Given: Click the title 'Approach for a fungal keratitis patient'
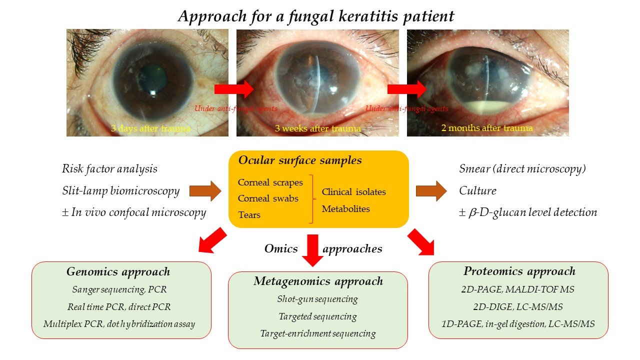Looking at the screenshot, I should tap(316, 16).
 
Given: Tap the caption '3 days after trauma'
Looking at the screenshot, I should tap(150, 128).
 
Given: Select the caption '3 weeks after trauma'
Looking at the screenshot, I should tap(317, 128).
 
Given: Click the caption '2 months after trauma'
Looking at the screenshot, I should tap(486, 128).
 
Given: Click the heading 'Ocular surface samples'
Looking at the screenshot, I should tap(300, 160).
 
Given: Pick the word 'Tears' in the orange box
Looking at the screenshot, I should tap(249, 215).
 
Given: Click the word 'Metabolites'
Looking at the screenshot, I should tap(346, 209).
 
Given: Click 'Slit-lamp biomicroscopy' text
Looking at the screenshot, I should tap(120, 190).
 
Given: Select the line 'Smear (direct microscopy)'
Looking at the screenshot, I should tap(522, 169).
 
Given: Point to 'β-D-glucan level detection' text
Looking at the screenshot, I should tap(532, 212).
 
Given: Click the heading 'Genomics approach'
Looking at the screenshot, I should tap(118, 272).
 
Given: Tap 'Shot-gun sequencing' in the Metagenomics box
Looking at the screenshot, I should tap(317, 299).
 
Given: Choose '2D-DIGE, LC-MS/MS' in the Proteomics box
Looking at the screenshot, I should tap(518, 306).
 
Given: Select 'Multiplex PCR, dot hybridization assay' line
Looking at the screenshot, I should tap(119, 323).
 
